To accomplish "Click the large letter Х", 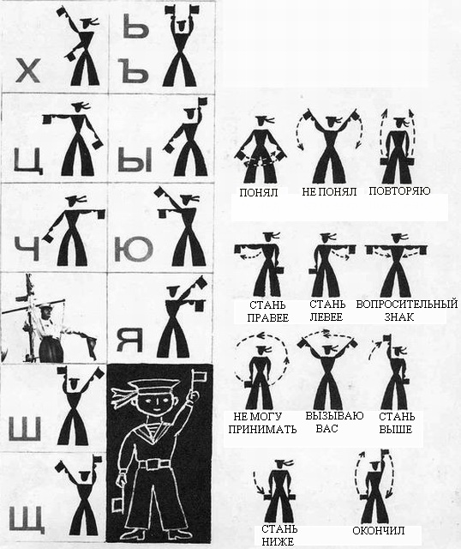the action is pyautogui.click(x=27, y=70).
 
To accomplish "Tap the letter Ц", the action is pyautogui.click(x=28, y=161).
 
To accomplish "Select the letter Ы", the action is pyautogui.click(x=135, y=160).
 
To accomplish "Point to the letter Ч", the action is pyautogui.click(x=27, y=248).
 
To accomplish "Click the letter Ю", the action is pyautogui.click(x=134, y=249).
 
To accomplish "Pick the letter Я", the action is pyautogui.click(x=129, y=340).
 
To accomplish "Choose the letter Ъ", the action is pyautogui.click(x=134, y=71).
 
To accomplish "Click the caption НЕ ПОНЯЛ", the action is pyautogui.click(x=329, y=192).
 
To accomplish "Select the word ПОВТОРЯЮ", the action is pyautogui.click(x=399, y=191).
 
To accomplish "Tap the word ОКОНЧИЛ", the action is pyautogui.click(x=378, y=530).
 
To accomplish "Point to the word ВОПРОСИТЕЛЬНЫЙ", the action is pyautogui.click(x=407, y=304).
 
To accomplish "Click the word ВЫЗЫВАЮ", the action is pyautogui.click(x=334, y=415).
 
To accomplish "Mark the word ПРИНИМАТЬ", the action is pyautogui.click(x=262, y=429).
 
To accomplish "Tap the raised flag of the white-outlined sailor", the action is pyautogui.click(x=201, y=376).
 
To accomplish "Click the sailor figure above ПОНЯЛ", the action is pyautogui.click(x=260, y=149).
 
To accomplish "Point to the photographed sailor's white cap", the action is pyautogui.click(x=46, y=306).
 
